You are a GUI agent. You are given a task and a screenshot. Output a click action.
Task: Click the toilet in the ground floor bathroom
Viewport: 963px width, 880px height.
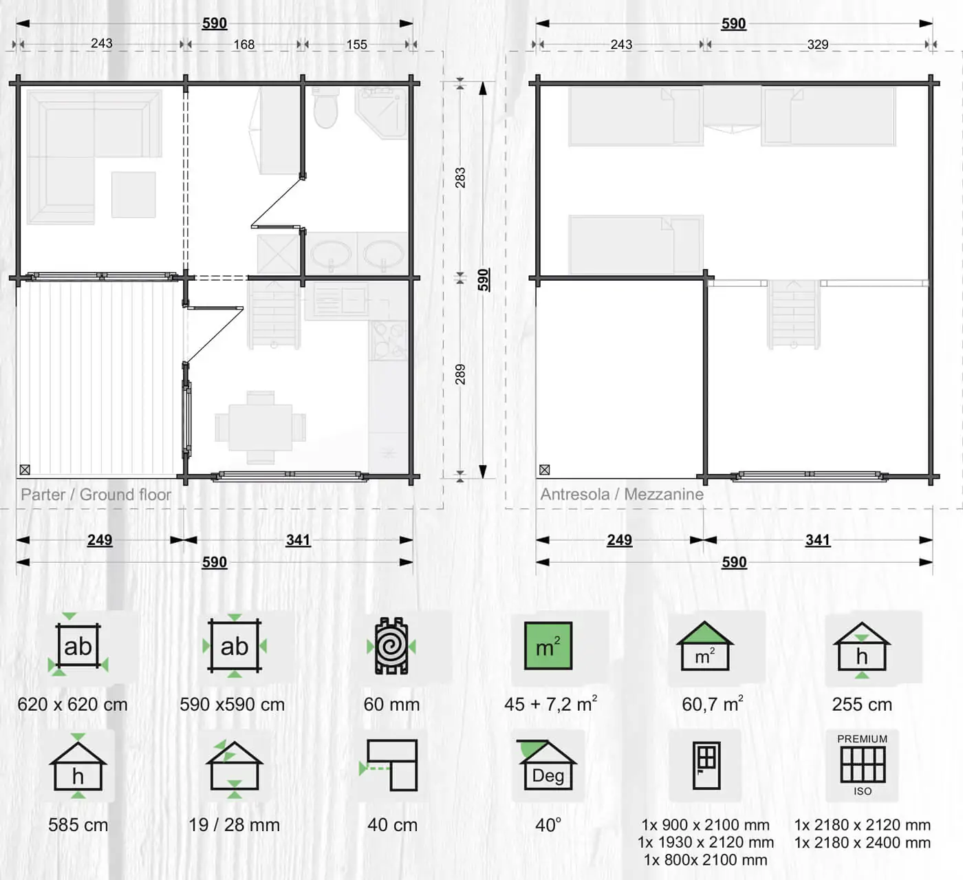[325, 107]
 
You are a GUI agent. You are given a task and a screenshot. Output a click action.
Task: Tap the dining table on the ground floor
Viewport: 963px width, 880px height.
[260, 427]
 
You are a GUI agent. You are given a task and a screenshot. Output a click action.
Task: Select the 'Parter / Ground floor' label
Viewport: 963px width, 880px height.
[96, 494]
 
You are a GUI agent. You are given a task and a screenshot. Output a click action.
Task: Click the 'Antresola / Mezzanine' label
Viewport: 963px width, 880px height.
[622, 494]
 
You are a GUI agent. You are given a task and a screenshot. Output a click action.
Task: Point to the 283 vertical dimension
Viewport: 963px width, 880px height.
[460, 178]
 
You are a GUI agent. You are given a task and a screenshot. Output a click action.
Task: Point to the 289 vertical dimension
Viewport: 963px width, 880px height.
[460, 374]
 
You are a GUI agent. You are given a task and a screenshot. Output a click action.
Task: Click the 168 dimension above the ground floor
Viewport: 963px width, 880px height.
[244, 45]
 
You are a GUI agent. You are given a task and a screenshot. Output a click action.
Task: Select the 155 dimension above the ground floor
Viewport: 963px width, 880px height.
[357, 45]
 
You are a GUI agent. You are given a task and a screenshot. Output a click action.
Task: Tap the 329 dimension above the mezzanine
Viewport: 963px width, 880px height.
[818, 45]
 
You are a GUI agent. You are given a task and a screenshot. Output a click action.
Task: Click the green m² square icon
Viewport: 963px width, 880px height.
[548, 646]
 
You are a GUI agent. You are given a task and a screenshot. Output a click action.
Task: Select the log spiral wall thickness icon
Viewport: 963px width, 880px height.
[391, 646]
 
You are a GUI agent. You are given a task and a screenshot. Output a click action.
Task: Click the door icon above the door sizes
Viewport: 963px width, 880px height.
[706, 766]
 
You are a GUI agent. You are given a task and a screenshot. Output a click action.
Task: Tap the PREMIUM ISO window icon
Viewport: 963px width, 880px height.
[863, 765]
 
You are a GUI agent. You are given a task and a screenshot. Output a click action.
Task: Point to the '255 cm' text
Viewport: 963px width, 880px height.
[862, 704]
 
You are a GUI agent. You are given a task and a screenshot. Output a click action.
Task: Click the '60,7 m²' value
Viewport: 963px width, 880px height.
[713, 703]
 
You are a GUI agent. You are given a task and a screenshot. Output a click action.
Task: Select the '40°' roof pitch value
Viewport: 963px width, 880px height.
[548, 825]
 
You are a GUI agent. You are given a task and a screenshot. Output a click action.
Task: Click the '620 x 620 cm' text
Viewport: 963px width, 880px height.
[72, 704]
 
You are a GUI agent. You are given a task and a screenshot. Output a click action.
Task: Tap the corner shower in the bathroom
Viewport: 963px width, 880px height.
[382, 112]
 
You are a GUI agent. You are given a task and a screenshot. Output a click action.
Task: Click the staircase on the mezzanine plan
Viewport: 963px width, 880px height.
[794, 314]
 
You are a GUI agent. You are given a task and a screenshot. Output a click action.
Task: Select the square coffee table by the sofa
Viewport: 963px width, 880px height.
[133, 195]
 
